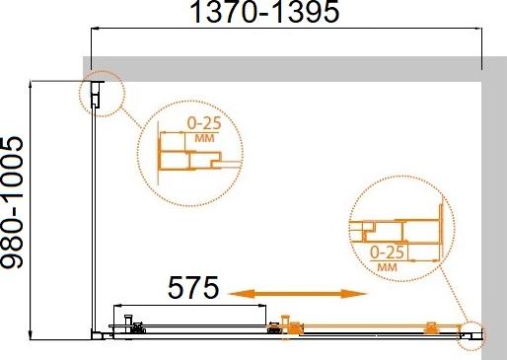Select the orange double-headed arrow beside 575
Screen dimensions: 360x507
(x=298, y=293)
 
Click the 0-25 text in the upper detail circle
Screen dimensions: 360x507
(x=204, y=125)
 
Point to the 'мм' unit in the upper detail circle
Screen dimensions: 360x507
(x=204, y=138)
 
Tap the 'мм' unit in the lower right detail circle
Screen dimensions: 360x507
(x=389, y=265)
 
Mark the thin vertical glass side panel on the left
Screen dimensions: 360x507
(x=94, y=217)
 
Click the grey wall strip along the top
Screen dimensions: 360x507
(x=286, y=64)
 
